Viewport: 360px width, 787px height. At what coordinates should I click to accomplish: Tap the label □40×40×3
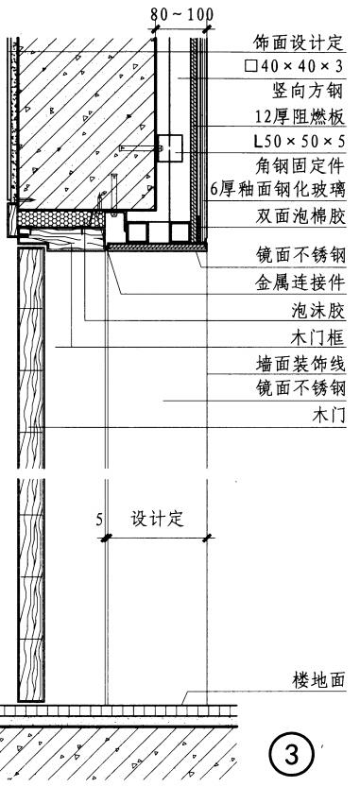coord(295,67)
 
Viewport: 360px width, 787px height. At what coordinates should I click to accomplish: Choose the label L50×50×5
coord(300,141)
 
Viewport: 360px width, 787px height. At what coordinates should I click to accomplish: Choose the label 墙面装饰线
coord(300,363)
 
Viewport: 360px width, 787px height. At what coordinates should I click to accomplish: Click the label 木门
coord(328,414)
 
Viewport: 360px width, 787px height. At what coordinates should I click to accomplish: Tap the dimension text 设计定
coord(156,520)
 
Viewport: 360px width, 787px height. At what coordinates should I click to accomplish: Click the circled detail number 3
coord(290,756)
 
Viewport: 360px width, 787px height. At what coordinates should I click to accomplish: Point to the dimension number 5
coord(98,520)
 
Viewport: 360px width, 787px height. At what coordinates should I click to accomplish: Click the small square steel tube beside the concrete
coord(171,146)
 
